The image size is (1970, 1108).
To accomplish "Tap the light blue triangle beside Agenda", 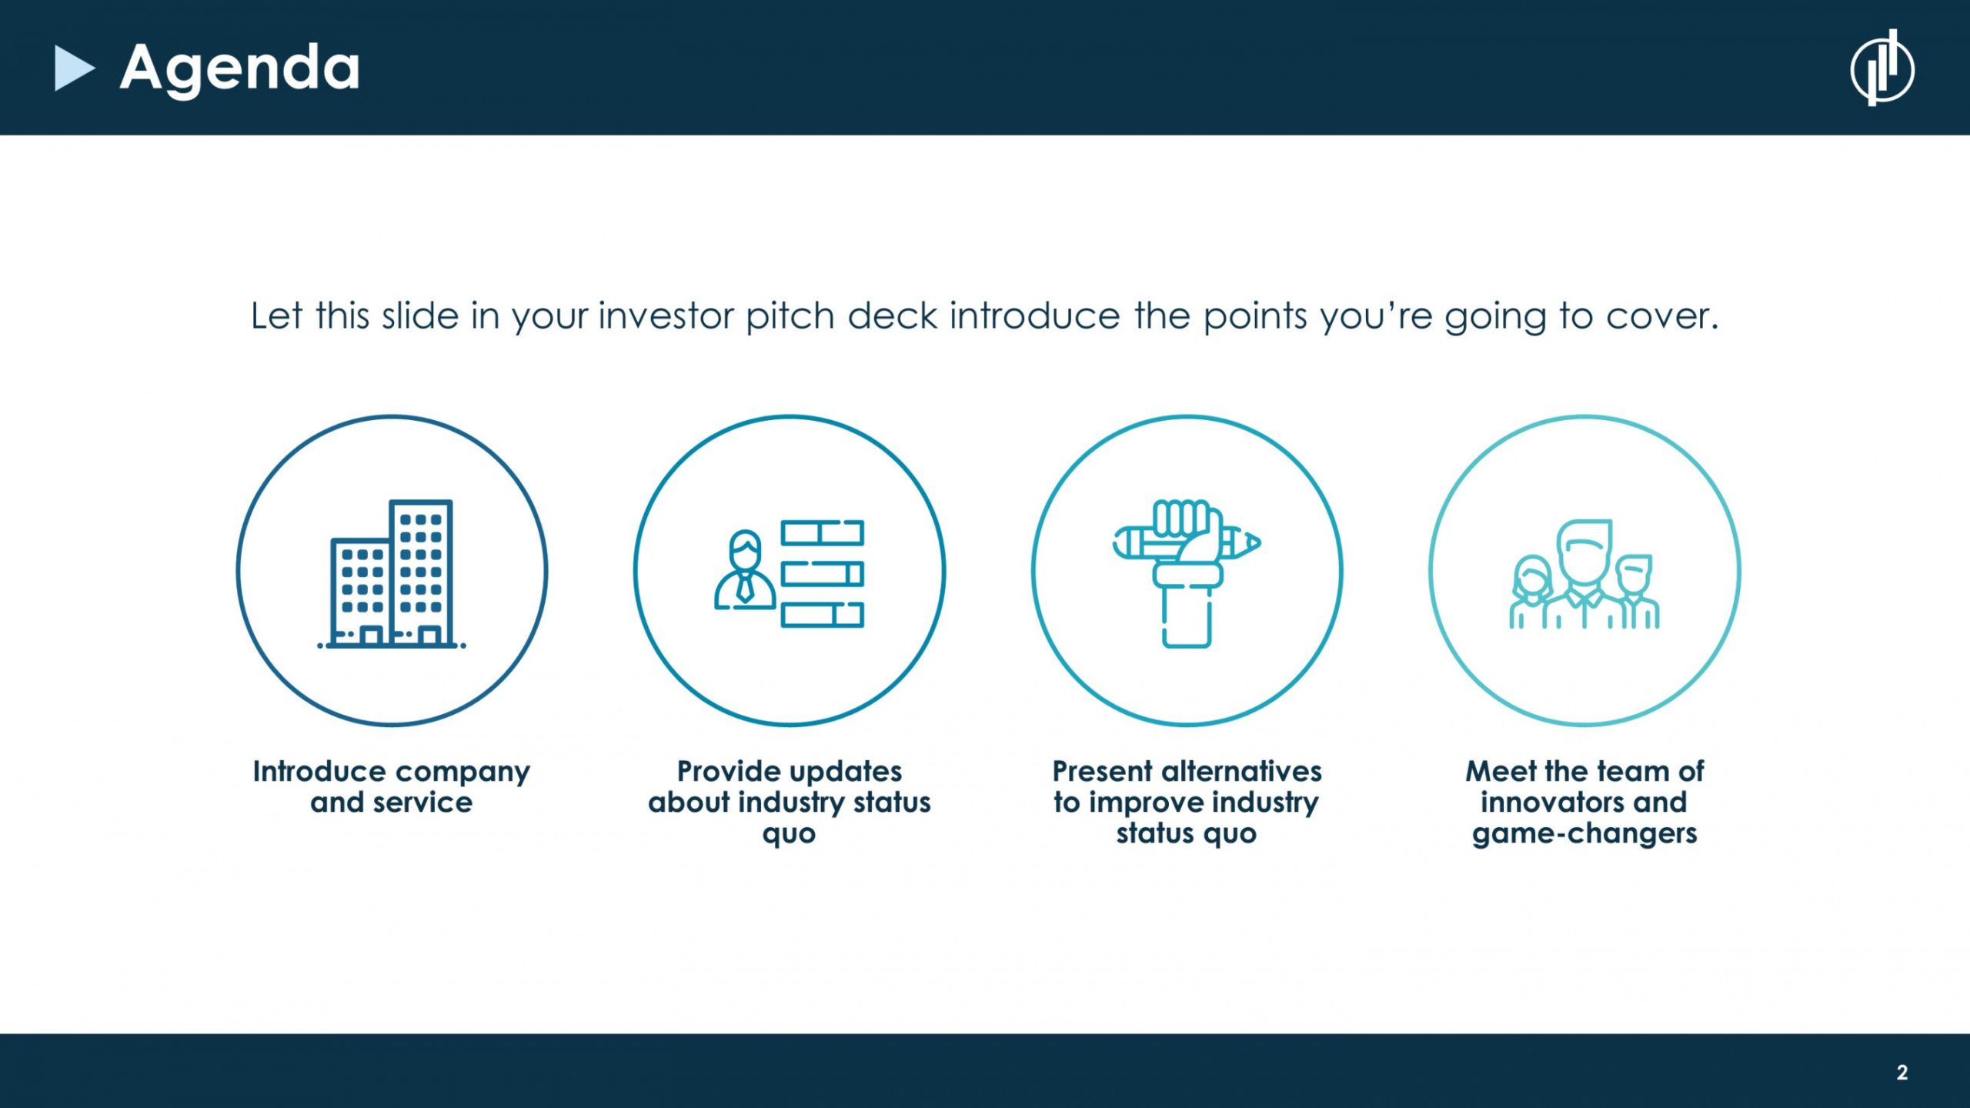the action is pyautogui.click(x=74, y=68).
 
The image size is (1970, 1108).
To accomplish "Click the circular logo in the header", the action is pyautogui.click(x=1882, y=68).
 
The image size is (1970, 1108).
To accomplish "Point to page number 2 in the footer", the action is pyautogui.click(x=1902, y=1073).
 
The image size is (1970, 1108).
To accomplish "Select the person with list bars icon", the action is pyautogui.click(x=789, y=574).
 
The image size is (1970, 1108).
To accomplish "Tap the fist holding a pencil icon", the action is pyautogui.click(x=1186, y=574).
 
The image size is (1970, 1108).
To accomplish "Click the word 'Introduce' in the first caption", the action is pyautogui.click(x=319, y=771).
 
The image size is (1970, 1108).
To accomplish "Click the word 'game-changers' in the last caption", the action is pyautogui.click(x=1584, y=834).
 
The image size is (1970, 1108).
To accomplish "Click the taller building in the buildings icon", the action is pyautogui.click(x=421, y=572).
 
